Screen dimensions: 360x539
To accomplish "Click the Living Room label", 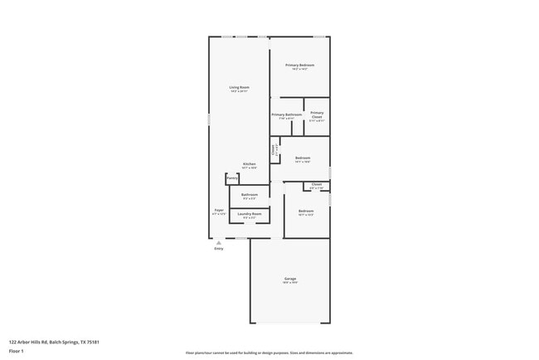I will tap(239, 87).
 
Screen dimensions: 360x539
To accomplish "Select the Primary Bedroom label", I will tap(299, 65).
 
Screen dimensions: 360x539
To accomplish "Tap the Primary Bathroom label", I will tap(286, 114).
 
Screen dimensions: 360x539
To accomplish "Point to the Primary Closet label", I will tap(317, 114).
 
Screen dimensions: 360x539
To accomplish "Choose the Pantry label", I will tap(232, 178).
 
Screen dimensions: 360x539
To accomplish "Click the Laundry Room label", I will tap(249, 214).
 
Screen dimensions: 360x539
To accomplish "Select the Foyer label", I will tap(219, 210).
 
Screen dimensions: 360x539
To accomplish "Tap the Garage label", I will tap(290, 279).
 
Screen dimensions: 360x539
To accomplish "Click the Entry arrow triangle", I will tap(219, 242).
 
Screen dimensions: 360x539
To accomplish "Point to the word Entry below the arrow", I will tap(219, 249).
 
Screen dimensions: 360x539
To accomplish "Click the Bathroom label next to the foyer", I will tap(249, 195).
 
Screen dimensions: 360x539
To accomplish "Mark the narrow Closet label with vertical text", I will tap(274, 150).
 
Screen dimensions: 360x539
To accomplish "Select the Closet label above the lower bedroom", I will tap(317, 184).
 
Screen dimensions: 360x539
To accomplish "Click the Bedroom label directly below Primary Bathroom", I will tap(303, 158).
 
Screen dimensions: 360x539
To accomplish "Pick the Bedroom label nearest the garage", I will tap(306, 211).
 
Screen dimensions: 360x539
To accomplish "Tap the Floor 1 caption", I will tap(17, 351).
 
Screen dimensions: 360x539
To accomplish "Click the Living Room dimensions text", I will tap(239, 91).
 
